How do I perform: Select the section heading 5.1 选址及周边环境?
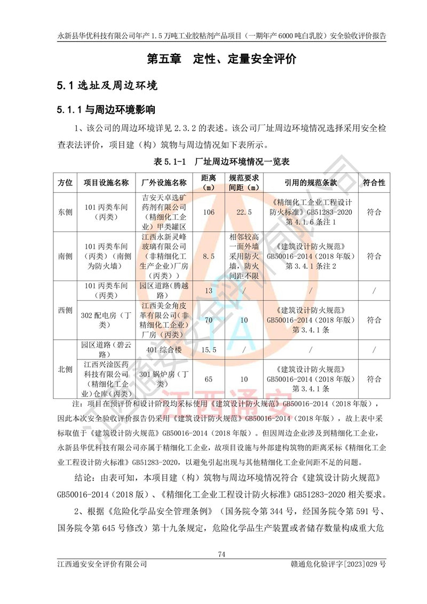[106, 85]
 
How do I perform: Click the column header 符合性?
[374, 182]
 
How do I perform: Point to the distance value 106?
[209, 212]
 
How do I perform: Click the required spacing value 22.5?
[243, 212]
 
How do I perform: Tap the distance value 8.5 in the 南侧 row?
[209, 256]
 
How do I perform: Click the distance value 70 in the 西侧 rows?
[209, 320]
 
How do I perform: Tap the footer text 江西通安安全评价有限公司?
[102, 564]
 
